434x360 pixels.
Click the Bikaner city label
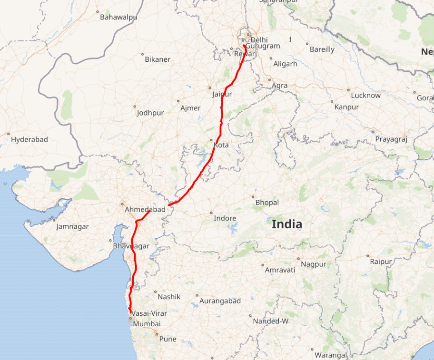pos(158,59)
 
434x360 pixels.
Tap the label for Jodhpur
pos(150,113)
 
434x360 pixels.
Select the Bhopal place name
pos(267,203)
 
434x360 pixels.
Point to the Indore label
pos(225,218)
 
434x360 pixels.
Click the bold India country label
pos(286,224)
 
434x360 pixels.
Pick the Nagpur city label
pos(314,264)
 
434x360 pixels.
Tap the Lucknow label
pos(365,95)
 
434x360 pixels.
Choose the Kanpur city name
pos(346,107)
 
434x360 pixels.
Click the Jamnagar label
pos(72,226)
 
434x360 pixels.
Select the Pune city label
pos(168,339)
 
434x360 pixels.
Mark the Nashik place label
pos(169,296)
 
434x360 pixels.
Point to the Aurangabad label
pos(220,301)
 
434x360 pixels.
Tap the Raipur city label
pos(381,262)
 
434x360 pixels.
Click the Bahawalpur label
pos(118,17)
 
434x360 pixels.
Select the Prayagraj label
pos(392,139)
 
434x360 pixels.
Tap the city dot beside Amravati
pos(263,265)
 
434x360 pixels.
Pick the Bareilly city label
pos(322,49)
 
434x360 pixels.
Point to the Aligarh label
pos(285,64)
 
